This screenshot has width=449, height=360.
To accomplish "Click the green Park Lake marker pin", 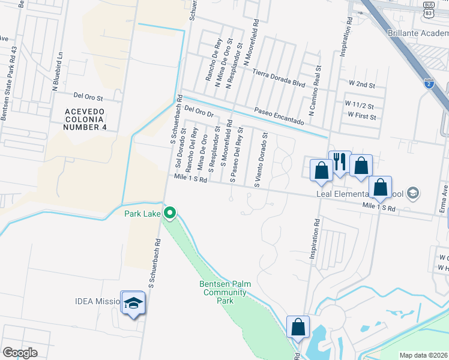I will coord(170,212).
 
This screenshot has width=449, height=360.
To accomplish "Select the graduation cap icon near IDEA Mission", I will coord(133,303).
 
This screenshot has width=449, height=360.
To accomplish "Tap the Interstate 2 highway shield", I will coord(429,83).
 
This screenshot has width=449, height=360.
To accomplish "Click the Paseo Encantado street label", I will coord(279,116).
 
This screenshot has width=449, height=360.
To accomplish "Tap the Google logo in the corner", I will coord(20,352).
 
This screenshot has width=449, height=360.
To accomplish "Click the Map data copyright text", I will coord(423,355).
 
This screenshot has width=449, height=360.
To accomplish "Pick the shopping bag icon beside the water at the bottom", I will coord(298,328).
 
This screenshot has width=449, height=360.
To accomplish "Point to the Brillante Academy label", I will coord(418,33).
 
